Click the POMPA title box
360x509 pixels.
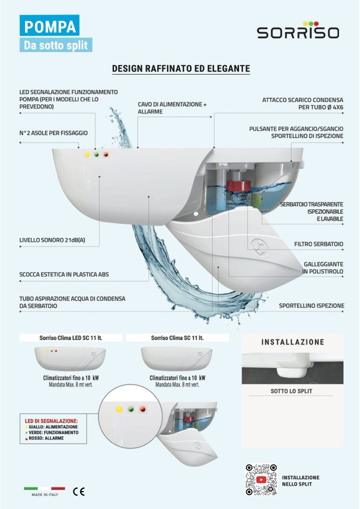49,26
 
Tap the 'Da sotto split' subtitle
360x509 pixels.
56,45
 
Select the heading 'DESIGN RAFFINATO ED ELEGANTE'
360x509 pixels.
181,69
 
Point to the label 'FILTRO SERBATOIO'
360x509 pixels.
319,244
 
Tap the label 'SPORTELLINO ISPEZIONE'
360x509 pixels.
312,306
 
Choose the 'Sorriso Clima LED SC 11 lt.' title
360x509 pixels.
71,338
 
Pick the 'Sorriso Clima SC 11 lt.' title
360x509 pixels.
177,338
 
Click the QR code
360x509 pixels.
261,480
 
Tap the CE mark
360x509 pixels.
79,491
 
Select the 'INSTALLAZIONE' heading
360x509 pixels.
293,342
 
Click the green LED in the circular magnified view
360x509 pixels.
131,409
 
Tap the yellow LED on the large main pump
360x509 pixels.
87,155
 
